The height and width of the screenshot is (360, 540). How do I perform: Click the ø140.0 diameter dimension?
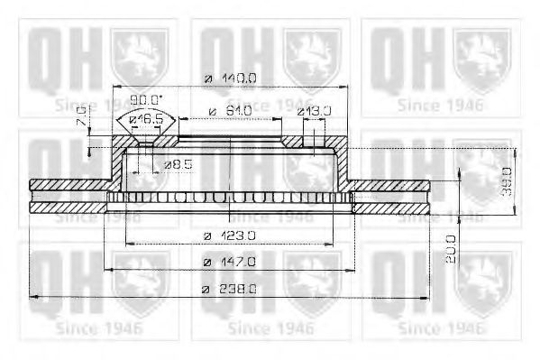[230, 78]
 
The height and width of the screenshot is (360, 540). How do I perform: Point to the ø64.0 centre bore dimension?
[229, 111]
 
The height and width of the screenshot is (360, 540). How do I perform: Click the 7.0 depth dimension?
[82, 116]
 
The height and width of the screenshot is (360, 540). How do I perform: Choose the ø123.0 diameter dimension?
[230, 235]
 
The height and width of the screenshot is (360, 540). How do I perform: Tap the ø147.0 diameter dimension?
[230, 261]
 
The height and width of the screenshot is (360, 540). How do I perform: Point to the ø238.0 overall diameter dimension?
[230, 288]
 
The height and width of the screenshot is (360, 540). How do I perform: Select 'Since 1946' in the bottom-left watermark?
[94, 327]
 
